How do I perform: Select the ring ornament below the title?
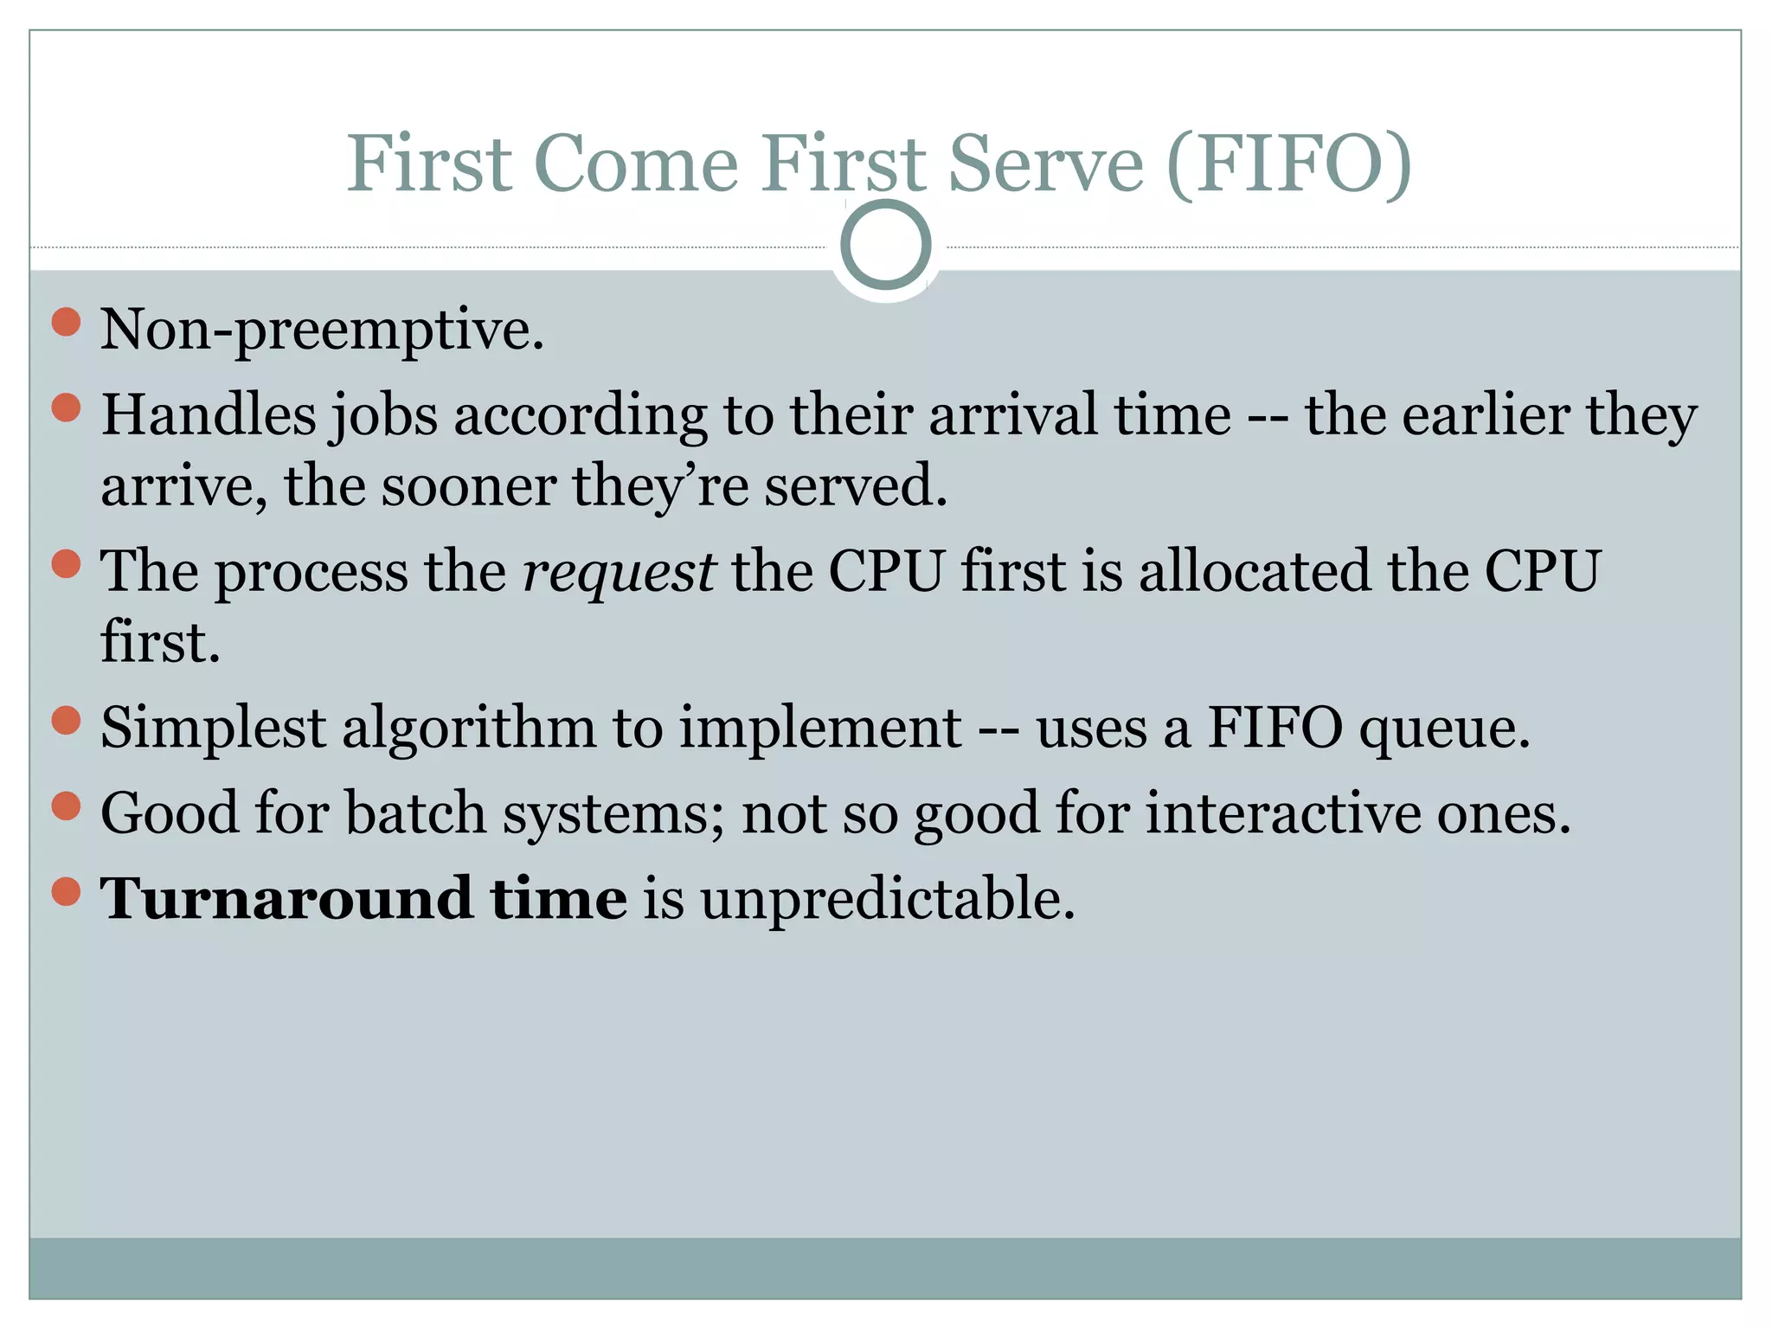tap(885, 245)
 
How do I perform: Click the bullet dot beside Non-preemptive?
tap(66, 322)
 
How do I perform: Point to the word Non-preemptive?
tap(322, 331)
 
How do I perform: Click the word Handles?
tap(209, 414)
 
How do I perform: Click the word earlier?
tap(1485, 414)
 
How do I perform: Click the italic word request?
tap(619, 573)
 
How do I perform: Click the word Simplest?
tap(213, 729)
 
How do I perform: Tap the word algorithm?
tap(468, 729)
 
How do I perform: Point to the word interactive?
tap(1283, 813)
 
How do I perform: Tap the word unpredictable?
tap(888, 900)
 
